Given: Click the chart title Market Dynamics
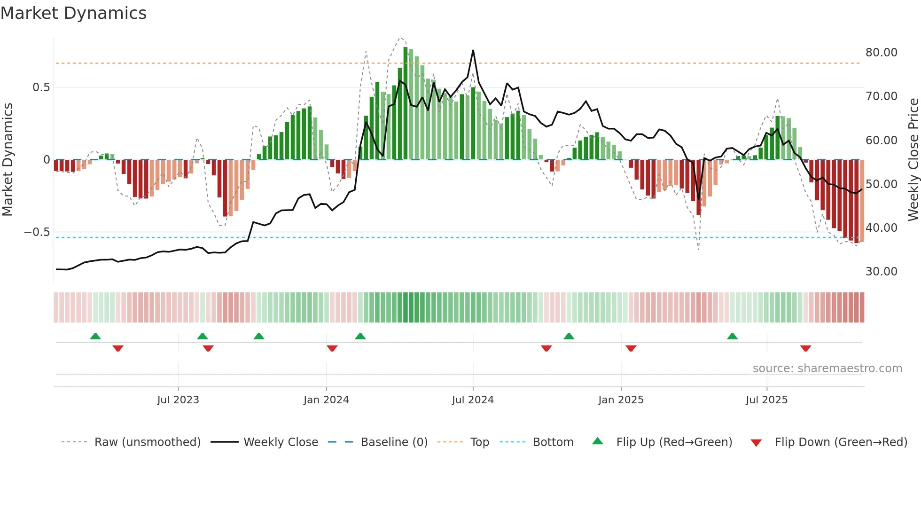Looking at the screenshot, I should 74,13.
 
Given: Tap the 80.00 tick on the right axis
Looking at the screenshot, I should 881,53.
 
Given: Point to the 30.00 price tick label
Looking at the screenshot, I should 881,272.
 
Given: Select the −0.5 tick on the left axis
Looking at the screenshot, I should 37,232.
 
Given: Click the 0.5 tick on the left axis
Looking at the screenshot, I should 41,87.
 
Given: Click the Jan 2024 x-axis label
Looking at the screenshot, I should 326,400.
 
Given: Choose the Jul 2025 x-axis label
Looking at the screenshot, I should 766,400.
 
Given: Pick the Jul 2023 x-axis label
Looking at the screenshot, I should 178,400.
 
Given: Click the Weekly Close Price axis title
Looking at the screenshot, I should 913,159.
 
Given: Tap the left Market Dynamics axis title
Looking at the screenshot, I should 8,159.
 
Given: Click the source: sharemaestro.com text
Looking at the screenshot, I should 827,369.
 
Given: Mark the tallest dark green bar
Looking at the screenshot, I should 406,103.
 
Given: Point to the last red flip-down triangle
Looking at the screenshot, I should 805,348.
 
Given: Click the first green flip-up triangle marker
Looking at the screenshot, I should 95,336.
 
